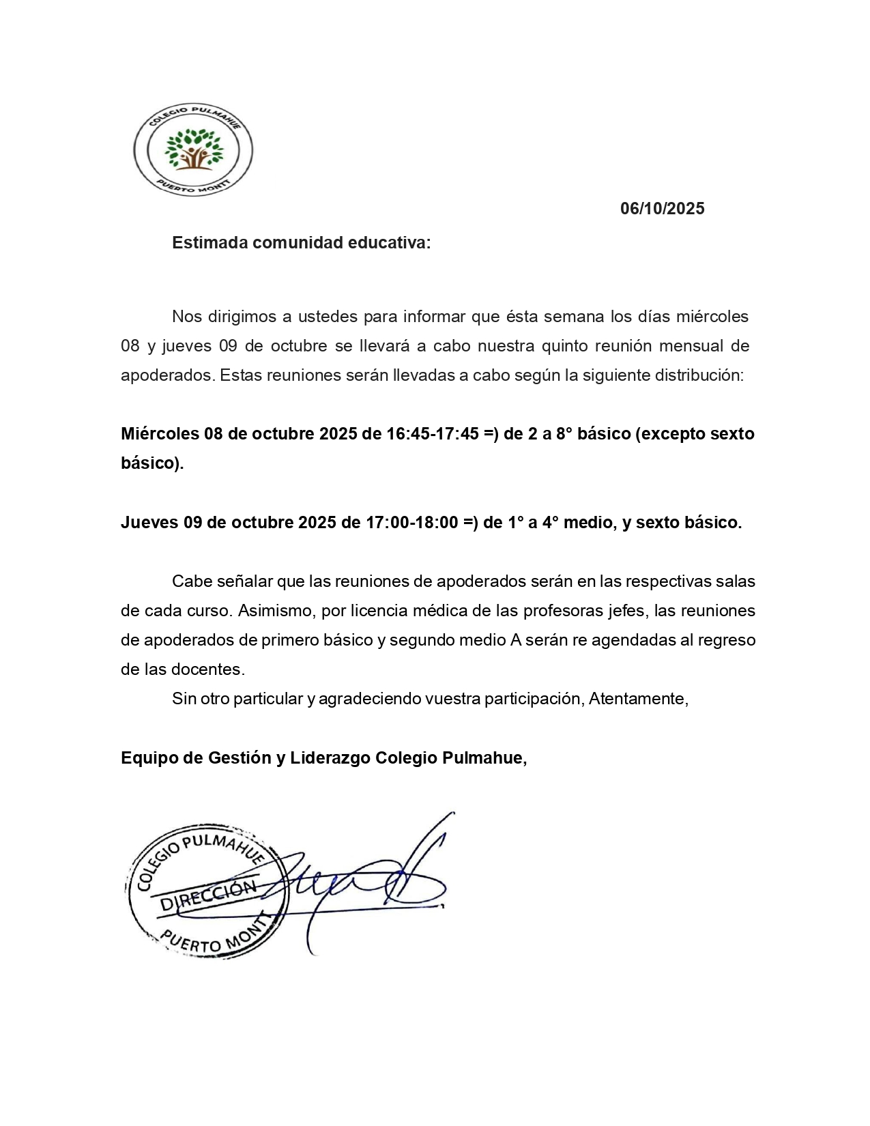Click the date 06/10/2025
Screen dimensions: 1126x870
coord(662,209)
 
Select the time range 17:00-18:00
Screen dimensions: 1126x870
coord(411,523)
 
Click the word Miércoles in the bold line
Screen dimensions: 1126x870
coord(160,434)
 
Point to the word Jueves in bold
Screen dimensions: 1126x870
coord(149,523)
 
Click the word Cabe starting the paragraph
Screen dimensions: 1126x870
coord(192,581)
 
